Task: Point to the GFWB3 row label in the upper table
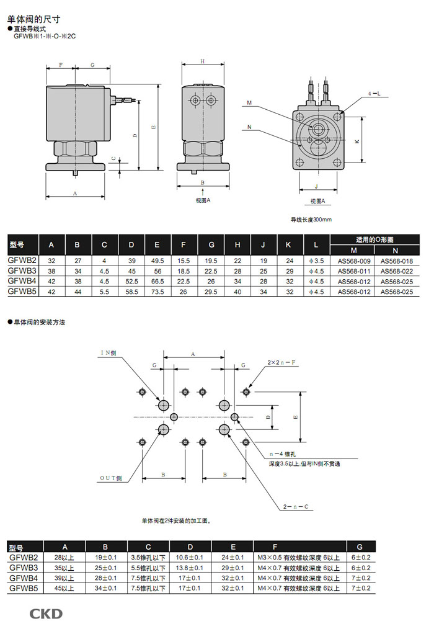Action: click(x=23, y=271)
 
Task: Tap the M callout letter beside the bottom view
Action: click(x=249, y=103)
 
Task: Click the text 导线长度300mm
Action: click(x=312, y=220)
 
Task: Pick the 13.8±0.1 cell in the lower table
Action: click(x=190, y=567)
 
